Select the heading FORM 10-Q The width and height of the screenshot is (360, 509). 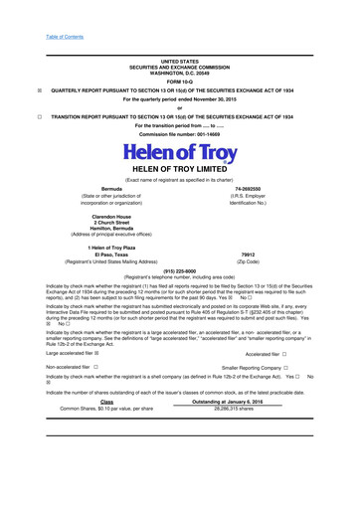coord(179,81)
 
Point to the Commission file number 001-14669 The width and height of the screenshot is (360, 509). coord(179,134)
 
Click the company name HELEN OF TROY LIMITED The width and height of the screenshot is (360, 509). coord(179,170)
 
